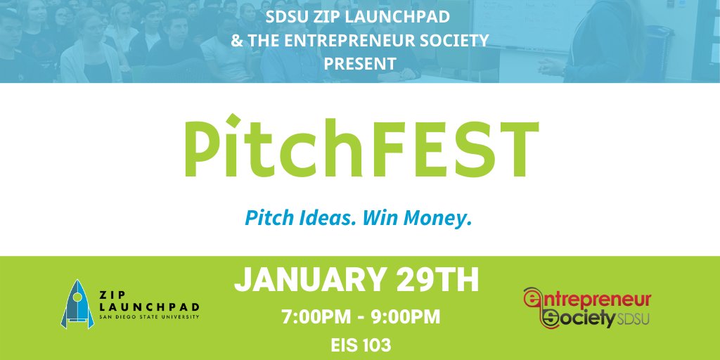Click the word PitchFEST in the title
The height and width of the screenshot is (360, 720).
[x=360, y=148]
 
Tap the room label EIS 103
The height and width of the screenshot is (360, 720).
[x=360, y=345]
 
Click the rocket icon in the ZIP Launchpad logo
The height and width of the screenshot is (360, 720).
[x=77, y=304]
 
